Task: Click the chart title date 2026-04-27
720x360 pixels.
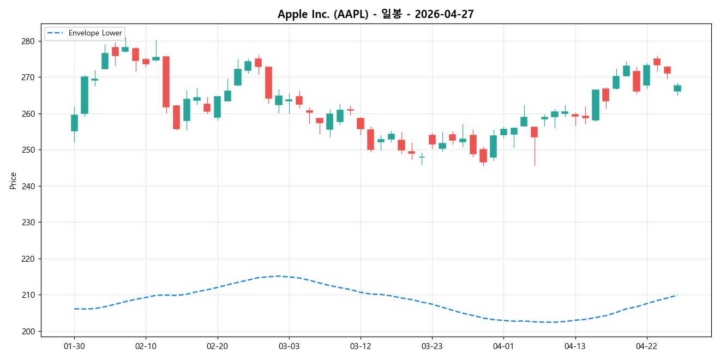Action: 444,14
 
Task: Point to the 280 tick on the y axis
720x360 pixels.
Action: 28,41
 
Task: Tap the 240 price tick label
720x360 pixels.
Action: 28,187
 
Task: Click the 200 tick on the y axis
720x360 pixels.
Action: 28,332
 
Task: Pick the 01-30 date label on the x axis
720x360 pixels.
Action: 74,346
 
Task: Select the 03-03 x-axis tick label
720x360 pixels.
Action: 289,346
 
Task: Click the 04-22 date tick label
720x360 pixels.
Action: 646,346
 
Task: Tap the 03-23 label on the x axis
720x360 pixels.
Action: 431,346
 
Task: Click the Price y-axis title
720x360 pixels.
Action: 13,181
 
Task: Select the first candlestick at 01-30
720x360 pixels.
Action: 74,123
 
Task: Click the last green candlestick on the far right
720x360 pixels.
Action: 677,88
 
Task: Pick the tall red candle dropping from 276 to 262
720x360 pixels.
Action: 166,82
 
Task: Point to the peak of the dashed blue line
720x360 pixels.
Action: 279,276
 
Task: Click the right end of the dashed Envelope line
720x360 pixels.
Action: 676,295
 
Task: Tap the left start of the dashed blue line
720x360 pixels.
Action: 74,309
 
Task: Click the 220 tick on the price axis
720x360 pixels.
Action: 28,259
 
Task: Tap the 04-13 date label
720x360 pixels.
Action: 575,346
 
